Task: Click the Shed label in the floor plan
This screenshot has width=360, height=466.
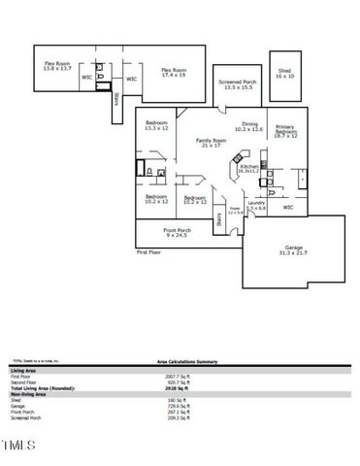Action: (x=284, y=73)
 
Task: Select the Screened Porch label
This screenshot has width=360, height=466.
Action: (x=237, y=85)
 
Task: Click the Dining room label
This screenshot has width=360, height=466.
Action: (x=249, y=126)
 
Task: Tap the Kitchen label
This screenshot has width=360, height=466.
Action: (x=247, y=168)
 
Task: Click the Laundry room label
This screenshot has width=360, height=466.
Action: (x=256, y=205)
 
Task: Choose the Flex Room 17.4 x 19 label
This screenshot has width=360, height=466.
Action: (x=173, y=72)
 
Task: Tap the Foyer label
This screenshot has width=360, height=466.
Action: (x=234, y=210)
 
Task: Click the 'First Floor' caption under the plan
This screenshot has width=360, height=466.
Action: (x=147, y=251)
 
